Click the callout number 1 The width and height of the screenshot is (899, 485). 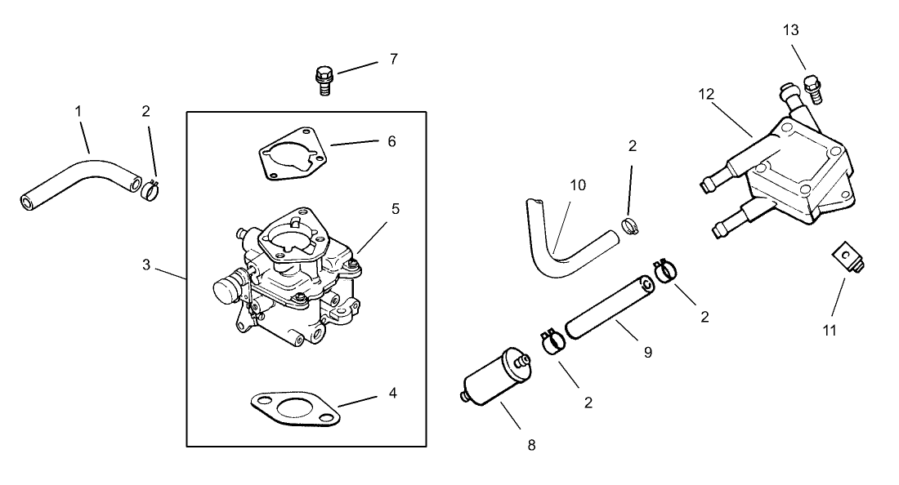[78, 110]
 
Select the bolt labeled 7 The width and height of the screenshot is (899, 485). [323, 79]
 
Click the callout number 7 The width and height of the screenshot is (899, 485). [393, 59]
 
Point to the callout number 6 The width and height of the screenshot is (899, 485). [391, 141]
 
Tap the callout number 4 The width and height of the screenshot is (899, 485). [392, 393]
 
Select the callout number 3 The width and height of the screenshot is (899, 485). [145, 265]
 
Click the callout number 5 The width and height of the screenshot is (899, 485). [395, 208]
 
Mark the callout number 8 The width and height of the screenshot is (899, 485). [531, 445]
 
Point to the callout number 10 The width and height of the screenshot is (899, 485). [578, 185]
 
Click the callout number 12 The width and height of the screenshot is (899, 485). [706, 93]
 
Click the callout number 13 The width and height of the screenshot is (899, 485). [790, 30]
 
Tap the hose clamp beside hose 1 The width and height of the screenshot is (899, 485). [149, 190]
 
